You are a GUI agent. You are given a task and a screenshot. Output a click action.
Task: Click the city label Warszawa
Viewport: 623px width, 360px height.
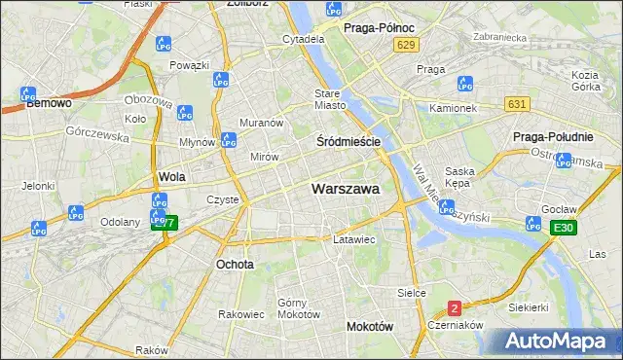point(346,189)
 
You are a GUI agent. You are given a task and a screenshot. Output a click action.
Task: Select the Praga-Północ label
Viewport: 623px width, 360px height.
point(380,28)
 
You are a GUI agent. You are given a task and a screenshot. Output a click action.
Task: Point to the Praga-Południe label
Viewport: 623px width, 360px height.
point(553,136)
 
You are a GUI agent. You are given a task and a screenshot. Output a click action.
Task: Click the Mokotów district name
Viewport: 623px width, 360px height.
point(370,327)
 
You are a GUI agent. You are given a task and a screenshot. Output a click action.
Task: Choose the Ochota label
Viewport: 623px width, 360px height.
point(235,264)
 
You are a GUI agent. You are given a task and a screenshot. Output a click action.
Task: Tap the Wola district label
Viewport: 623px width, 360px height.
point(171,177)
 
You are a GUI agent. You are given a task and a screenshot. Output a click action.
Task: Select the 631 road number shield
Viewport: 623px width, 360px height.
point(518,103)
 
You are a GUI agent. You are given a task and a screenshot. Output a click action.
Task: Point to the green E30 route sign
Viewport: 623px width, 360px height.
point(561,228)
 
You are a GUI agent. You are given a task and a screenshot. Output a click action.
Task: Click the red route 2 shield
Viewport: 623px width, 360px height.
point(455,308)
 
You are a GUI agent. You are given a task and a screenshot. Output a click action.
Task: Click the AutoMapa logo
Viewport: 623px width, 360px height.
point(558,342)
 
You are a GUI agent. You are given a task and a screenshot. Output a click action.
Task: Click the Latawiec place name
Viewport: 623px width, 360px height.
point(353,238)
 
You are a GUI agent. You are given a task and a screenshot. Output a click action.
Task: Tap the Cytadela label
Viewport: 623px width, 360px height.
point(303,39)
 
